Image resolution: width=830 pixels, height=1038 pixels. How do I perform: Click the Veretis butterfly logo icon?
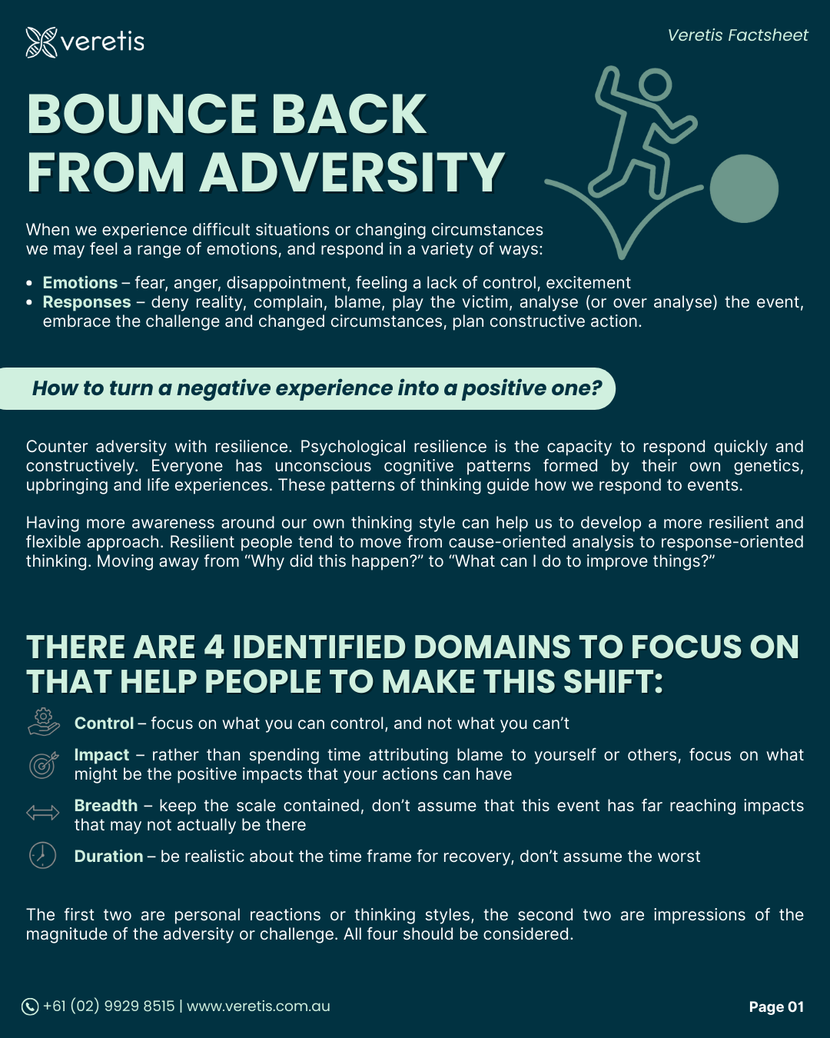(41, 42)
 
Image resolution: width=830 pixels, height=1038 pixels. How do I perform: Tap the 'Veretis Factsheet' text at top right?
(737, 35)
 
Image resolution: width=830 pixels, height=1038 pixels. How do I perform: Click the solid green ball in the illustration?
(744, 188)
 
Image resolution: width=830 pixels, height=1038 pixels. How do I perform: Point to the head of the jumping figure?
(655, 85)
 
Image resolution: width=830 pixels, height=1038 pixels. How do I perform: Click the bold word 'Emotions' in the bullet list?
(80, 283)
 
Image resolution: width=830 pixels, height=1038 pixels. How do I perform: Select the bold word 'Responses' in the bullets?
(87, 302)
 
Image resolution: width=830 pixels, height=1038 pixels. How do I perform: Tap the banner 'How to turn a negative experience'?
(316, 388)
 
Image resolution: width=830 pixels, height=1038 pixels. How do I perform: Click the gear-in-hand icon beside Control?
(43, 723)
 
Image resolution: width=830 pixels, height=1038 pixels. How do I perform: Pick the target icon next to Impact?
(43, 764)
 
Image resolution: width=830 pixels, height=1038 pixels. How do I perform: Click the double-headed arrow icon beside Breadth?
(43, 813)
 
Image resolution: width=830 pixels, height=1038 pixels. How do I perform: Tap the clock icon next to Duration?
(43, 855)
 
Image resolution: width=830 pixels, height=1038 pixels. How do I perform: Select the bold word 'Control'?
(104, 724)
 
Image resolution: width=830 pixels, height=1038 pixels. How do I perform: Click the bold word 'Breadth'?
(106, 806)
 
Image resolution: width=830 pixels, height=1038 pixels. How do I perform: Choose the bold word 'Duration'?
(108, 857)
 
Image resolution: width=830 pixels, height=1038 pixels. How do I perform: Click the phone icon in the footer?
(30, 1006)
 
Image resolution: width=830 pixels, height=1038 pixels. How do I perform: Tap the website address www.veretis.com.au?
(258, 1006)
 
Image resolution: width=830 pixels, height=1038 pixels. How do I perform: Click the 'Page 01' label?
(776, 1007)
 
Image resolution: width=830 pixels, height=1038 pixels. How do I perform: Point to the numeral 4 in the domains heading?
(214, 647)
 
